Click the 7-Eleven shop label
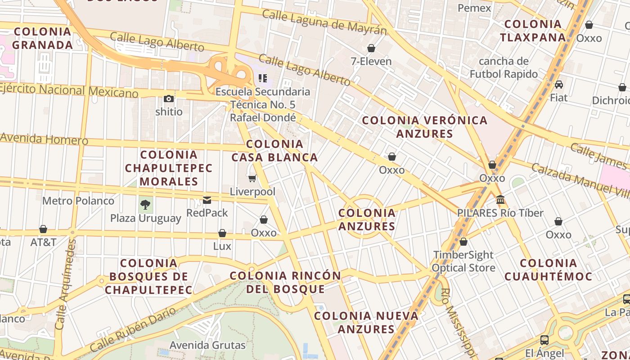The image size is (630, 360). pyautogui.click(x=371, y=61)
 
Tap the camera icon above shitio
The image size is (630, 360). pyautogui.click(x=169, y=99)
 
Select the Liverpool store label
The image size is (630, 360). pyautogui.click(x=252, y=192)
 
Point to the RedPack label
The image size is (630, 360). pyautogui.click(x=207, y=212)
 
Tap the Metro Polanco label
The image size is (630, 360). pyautogui.click(x=78, y=201)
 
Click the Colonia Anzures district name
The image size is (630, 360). pyautogui.click(x=367, y=220)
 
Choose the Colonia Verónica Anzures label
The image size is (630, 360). pyautogui.click(x=425, y=127)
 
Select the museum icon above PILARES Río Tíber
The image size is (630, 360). pyautogui.click(x=500, y=199)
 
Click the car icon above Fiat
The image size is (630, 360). pyautogui.click(x=559, y=85)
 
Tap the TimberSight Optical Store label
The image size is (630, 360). pyautogui.click(x=463, y=261)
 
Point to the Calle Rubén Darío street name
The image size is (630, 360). pyautogui.click(x=133, y=330)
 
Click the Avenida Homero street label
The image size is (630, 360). pyautogui.click(x=44, y=139)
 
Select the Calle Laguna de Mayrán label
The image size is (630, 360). pyautogui.click(x=324, y=22)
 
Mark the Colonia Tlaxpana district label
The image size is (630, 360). pyautogui.click(x=533, y=31)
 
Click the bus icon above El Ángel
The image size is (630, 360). pyautogui.click(x=544, y=340)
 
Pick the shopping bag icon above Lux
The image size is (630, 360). pyautogui.click(x=222, y=233)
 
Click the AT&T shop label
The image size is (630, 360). pyautogui.click(x=43, y=242)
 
